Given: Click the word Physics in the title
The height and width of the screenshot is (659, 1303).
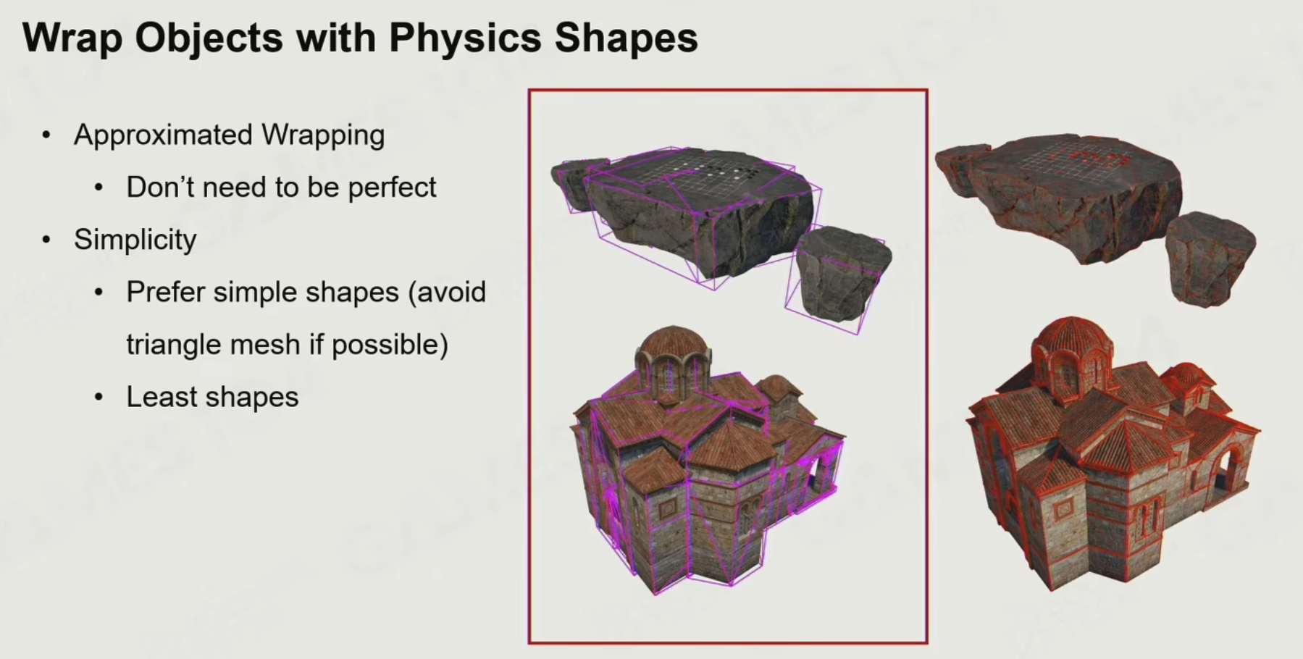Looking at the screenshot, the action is tap(464, 38).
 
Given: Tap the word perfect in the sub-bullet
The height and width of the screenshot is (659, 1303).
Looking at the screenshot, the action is tap(392, 188).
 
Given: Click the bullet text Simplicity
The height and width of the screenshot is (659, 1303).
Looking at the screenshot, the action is tap(135, 240).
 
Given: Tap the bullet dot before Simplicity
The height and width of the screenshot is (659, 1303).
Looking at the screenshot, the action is tap(46, 240).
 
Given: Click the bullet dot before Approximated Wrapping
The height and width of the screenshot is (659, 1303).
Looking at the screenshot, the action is tap(46, 135).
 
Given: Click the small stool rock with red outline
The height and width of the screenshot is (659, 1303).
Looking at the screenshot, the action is tap(1210, 257).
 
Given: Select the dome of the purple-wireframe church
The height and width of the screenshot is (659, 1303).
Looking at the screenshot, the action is tap(674, 343).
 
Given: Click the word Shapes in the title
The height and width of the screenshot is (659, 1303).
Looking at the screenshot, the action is tap(627, 38).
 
